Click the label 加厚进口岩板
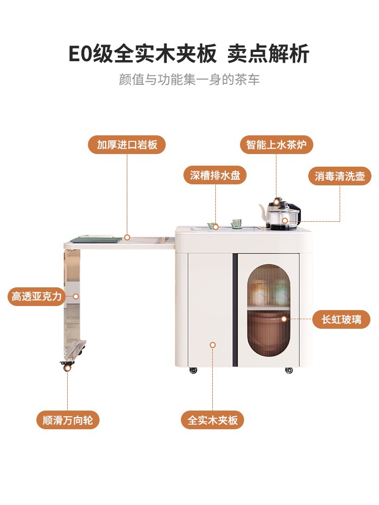point(127,144)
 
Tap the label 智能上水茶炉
point(276,144)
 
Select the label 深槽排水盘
point(215,175)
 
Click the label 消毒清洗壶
point(340,176)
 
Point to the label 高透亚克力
point(36,296)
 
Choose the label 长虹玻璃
point(341,320)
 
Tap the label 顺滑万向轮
point(68,420)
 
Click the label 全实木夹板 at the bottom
point(212,420)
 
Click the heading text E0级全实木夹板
point(143,54)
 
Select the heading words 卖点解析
point(268,54)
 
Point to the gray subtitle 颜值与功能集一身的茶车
point(189,80)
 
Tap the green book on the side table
point(97,239)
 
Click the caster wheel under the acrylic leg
point(67,366)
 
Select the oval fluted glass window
point(268,310)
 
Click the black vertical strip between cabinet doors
point(235,310)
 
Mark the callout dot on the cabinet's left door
point(212,345)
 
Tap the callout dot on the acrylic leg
point(76,296)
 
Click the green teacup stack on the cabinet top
point(236,224)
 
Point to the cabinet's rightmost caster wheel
point(289,370)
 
